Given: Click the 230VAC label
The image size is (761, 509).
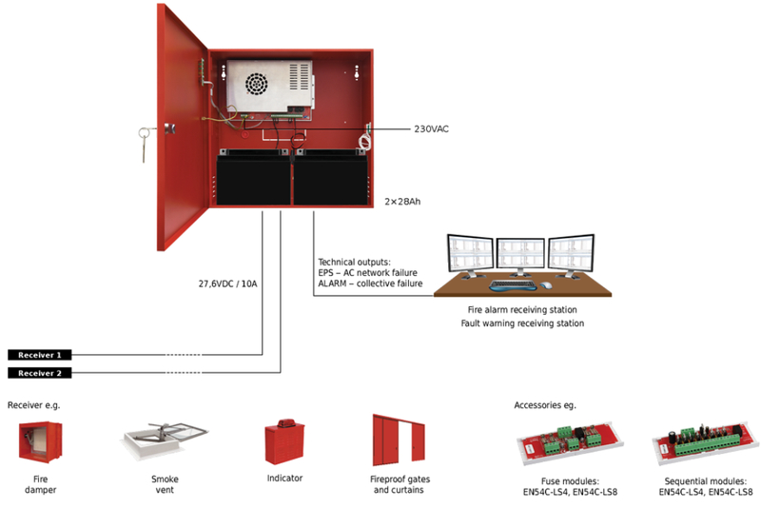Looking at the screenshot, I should (x=430, y=128).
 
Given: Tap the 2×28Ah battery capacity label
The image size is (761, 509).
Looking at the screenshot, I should (x=402, y=202).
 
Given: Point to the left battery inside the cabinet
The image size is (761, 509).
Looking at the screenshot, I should (x=251, y=178).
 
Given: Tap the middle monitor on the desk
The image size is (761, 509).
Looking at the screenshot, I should (x=519, y=257).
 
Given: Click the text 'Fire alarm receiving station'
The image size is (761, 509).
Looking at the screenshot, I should (x=522, y=310).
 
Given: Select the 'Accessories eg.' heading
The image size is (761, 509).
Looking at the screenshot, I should (x=545, y=405).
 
